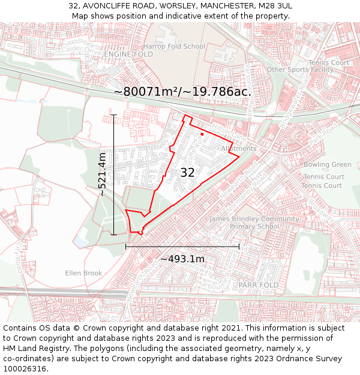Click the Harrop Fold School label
174,46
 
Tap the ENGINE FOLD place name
128,54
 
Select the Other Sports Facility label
300,70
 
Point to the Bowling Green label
327,164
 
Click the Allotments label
239,148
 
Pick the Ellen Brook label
84,273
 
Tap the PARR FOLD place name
259,284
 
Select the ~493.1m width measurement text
182,259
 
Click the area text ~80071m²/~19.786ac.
182,92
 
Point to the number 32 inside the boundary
188,173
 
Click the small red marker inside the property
202,134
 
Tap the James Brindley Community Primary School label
254,223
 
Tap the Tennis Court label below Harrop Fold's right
328,62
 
